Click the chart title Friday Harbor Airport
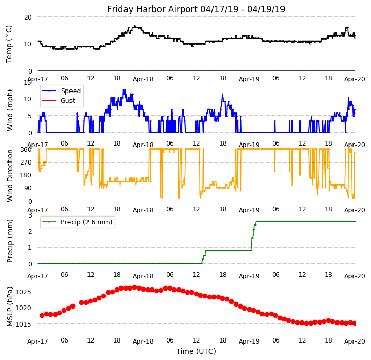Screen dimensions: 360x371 [196, 9]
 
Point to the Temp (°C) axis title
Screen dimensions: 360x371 [9, 44]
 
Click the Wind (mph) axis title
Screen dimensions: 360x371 [10, 110]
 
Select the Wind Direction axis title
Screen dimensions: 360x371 [10, 175]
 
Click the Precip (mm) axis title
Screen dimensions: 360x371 [10, 241]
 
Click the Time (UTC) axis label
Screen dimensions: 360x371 [196, 351]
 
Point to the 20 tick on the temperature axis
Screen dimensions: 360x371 [28, 17]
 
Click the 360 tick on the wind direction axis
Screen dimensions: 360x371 [26, 149]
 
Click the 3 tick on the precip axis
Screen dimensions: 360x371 [30, 215]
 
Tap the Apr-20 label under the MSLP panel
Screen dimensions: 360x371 [355, 341]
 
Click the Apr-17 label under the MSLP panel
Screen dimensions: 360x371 [38, 341]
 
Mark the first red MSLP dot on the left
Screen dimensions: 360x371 [42, 315]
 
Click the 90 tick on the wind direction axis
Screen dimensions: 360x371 [28, 188]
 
